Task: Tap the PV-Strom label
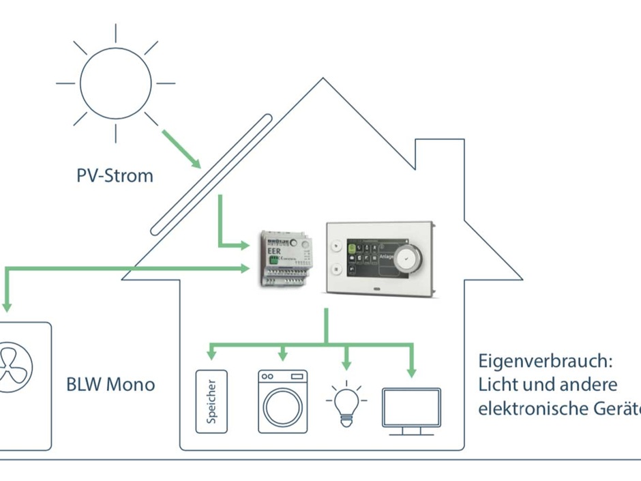click(x=115, y=175)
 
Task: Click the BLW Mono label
click(x=110, y=384)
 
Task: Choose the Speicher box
click(x=211, y=402)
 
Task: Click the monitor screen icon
click(x=411, y=407)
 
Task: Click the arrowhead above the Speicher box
click(x=211, y=355)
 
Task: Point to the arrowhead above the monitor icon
click(x=411, y=372)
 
